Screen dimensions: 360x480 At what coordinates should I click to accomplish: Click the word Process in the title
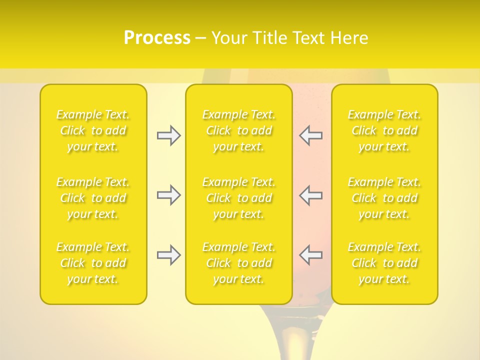pos(157,38)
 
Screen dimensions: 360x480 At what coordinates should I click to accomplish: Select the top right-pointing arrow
pos(168,135)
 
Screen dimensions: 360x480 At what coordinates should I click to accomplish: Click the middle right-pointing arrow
pos(168,195)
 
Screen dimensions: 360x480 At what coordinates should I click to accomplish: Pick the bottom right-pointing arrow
pos(168,255)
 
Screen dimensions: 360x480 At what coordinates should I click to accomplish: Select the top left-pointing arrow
pos(310,135)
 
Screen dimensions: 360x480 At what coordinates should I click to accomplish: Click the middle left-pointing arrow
pos(310,195)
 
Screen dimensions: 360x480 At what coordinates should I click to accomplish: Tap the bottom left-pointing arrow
pos(310,255)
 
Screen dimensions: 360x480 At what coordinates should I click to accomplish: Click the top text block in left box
pos(93,130)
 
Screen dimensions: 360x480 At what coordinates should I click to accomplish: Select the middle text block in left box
pos(93,198)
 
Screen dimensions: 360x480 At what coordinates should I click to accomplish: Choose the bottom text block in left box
pos(93,263)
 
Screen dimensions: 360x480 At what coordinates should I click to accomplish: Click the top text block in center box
pos(239,130)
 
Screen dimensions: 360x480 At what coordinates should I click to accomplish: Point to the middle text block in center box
pos(239,198)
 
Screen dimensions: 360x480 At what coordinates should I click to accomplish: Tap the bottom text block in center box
pos(239,263)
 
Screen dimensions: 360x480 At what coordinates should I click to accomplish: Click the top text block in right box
pos(384,130)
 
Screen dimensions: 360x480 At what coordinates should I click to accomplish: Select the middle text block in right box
pos(384,198)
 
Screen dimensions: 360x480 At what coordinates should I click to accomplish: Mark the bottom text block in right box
pos(384,263)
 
